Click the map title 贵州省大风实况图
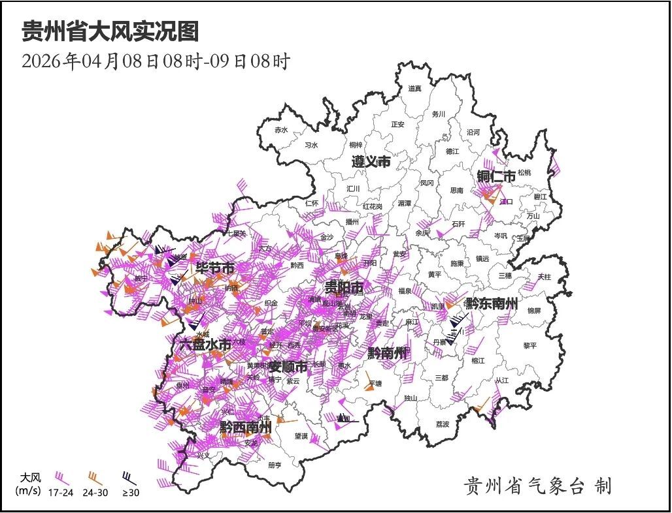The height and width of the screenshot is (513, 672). pos(110,31)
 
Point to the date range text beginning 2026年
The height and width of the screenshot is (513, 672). pos(156,61)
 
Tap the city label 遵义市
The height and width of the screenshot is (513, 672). pos(371,161)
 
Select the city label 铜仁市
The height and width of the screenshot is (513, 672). pos(496,176)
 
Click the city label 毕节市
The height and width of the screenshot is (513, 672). pos(215,268)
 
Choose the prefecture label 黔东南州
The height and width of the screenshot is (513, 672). pos(490,303)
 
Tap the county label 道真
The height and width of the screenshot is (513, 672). pos(415,88)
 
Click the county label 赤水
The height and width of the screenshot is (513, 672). pos(281,130)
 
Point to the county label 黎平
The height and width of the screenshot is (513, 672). pos(529,345)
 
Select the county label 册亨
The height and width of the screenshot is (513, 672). pos(275,465)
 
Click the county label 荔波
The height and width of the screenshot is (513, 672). pos(443,424)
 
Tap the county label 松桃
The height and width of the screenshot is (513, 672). pos(524,172)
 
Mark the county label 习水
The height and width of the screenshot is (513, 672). pos(311,146)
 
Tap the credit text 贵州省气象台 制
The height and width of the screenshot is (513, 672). pos(538,486)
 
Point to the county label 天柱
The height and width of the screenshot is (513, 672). pos(544,277)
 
